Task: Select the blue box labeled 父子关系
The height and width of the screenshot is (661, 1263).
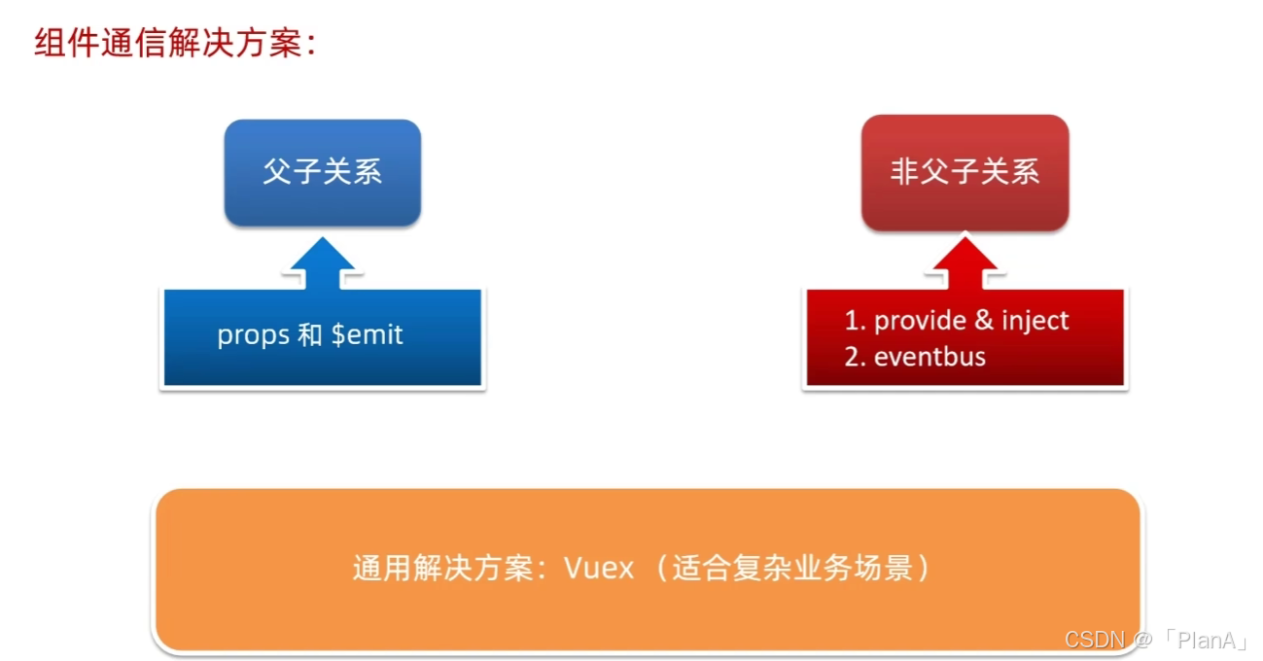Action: click(322, 173)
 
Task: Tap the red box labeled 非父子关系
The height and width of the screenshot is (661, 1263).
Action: click(965, 173)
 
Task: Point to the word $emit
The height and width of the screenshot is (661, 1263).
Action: click(367, 335)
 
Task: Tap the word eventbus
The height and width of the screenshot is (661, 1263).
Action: click(930, 357)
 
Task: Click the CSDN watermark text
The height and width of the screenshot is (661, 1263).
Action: click(1094, 640)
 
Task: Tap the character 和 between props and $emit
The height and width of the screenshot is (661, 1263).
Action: click(310, 336)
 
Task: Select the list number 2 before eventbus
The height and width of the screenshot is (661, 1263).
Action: click(853, 357)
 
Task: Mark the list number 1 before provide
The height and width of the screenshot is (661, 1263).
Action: click(853, 321)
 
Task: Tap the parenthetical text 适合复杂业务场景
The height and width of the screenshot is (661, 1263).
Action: click(791, 568)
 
